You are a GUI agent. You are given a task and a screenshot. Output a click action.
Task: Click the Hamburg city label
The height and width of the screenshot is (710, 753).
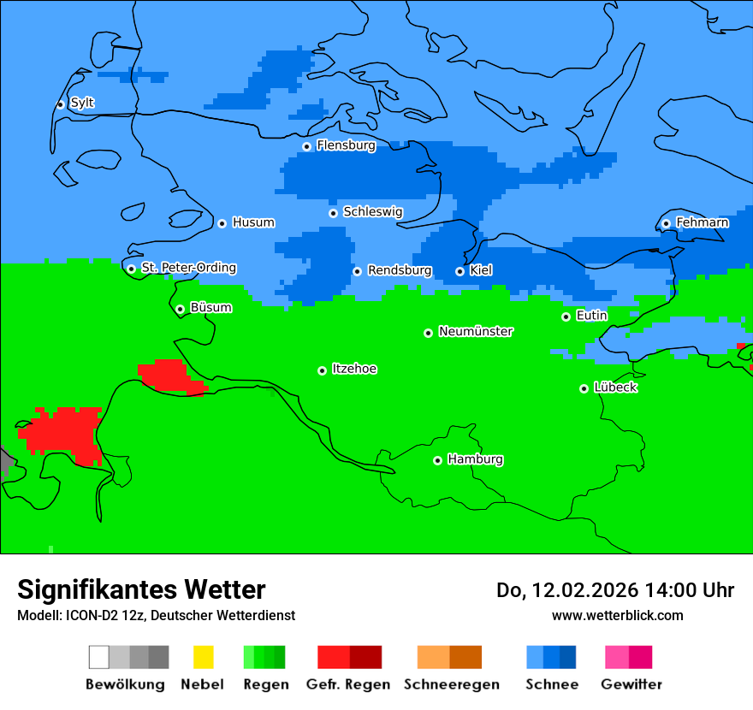(475, 459)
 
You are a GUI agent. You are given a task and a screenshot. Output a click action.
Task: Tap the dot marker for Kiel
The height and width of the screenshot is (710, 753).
(460, 271)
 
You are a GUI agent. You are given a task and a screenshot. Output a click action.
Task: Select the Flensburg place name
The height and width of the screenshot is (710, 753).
(346, 145)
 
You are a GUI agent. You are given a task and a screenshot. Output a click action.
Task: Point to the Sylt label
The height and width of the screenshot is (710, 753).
(82, 104)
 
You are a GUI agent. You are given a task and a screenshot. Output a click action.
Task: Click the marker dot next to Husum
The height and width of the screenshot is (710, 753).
(222, 223)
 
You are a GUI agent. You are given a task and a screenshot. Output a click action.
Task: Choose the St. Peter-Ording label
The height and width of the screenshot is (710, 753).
(188, 268)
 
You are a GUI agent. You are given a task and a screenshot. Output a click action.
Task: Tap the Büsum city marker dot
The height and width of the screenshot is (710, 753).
(180, 309)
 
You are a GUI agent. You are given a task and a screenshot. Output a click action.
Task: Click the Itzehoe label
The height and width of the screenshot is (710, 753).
(354, 369)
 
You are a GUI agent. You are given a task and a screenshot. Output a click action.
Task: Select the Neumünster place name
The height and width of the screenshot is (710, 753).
(476, 331)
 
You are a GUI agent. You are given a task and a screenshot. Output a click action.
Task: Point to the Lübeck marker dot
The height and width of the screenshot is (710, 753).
(584, 388)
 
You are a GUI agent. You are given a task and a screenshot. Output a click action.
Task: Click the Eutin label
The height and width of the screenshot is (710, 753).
(591, 316)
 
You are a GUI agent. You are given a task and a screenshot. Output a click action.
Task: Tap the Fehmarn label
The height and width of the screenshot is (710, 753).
(702, 222)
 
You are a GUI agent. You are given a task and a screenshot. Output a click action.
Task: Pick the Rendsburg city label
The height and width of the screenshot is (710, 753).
(400, 270)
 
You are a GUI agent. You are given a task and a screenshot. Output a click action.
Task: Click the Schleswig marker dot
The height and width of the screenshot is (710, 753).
(333, 213)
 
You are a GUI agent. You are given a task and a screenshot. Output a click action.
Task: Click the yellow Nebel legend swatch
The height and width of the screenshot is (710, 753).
(203, 657)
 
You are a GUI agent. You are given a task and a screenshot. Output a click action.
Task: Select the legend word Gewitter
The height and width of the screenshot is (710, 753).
(631, 684)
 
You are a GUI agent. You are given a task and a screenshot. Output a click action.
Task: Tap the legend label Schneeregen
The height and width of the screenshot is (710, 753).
(452, 684)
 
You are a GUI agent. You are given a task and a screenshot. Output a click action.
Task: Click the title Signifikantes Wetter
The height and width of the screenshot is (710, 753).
(141, 589)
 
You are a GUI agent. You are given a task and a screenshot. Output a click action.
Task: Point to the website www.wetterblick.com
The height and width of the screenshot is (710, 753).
(617, 615)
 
